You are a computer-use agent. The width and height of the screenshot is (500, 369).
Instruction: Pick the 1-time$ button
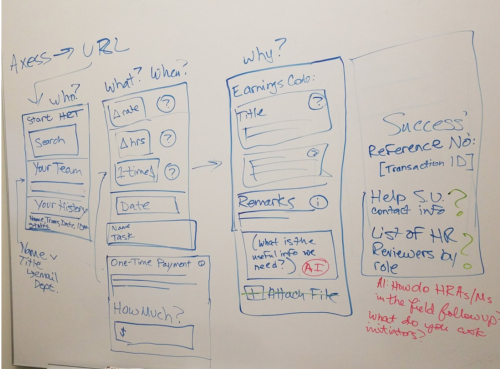(136, 172)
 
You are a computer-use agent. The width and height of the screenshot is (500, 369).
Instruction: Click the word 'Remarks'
(267, 202)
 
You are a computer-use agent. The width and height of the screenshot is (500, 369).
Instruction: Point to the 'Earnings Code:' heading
(273, 85)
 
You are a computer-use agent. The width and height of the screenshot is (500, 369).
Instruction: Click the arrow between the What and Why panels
(207, 165)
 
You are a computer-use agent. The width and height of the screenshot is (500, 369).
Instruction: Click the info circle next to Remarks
(319, 203)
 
